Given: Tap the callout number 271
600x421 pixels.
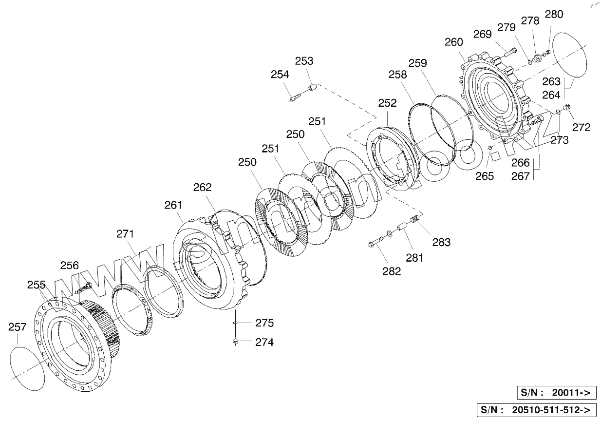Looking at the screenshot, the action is (125, 234).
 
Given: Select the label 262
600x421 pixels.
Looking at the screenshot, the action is (203, 187).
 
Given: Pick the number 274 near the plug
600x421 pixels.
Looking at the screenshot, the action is (264, 342).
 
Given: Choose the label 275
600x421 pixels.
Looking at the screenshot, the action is (264, 323).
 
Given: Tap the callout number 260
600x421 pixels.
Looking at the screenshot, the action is (454, 42).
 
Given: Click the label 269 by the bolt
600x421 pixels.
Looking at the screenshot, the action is (483, 34).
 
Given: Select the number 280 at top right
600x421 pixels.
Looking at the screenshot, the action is (554, 14).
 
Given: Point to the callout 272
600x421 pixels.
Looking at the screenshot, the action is (581, 128).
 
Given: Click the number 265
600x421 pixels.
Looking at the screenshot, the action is (485, 176).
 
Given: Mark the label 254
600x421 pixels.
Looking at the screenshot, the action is (280, 74).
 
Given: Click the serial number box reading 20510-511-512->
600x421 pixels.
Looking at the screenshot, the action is (537, 409).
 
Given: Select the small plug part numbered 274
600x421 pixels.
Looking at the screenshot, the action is (236, 342).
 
